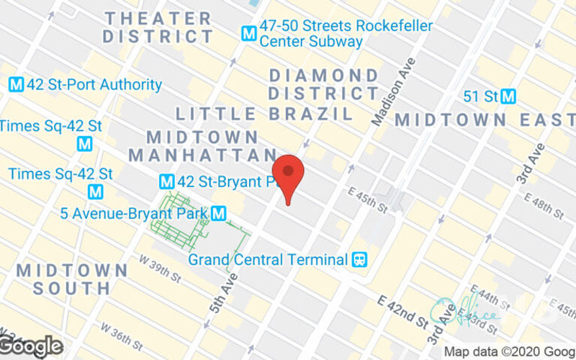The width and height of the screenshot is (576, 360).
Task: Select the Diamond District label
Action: point(323,84)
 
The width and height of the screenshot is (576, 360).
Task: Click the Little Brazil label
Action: point(264,114)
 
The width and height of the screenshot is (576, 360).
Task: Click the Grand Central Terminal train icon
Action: point(358,258)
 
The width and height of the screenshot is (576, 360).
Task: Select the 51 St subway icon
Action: point(510,96)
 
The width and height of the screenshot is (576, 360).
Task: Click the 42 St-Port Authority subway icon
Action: point(16,85)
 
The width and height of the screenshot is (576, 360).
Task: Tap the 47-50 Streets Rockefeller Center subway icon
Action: point(250,32)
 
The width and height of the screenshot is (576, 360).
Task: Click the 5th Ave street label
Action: point(225,292)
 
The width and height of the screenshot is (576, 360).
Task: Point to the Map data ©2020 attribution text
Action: point(508,352)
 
